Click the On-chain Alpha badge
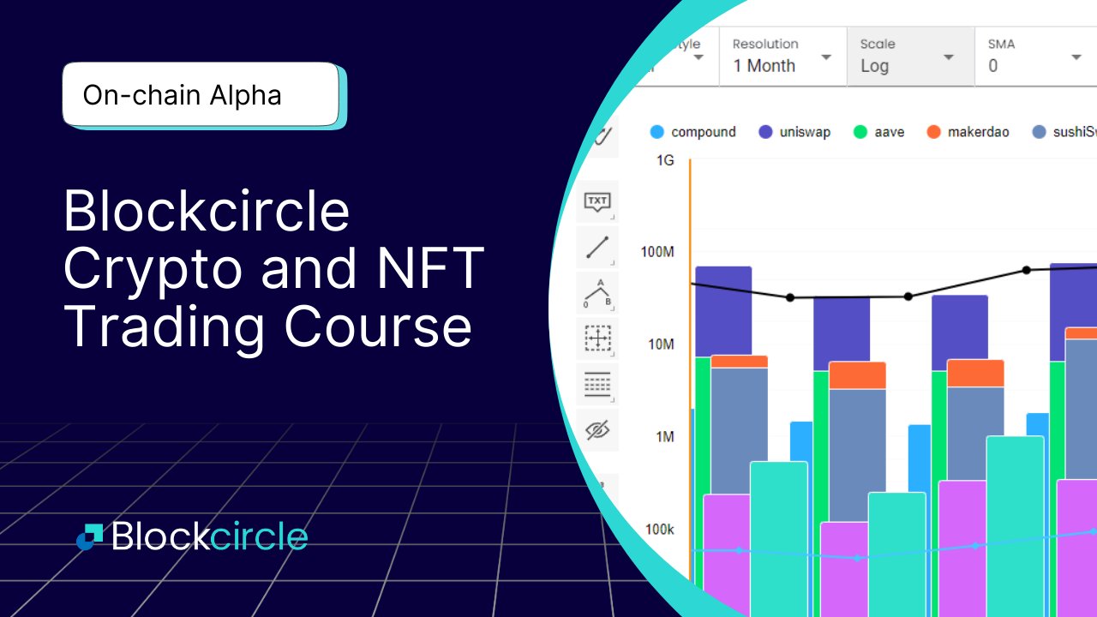(201, 94)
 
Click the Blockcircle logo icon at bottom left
(89, 536)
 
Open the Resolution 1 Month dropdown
(782, 56)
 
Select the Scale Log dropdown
(909, 56)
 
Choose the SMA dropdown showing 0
(1035, 56)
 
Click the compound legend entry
(693, 132)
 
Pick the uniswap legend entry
(794, 132)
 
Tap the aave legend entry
(879, 132)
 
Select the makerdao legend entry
(968, 132)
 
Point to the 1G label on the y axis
(665, 160)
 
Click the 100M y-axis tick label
(657, 252)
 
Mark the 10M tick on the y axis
(660, 344)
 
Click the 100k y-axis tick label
(659, 530)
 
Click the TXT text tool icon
(596, 202)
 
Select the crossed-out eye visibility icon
(596, 429)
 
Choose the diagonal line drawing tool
(596, 248)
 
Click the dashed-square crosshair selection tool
(596, 338)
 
